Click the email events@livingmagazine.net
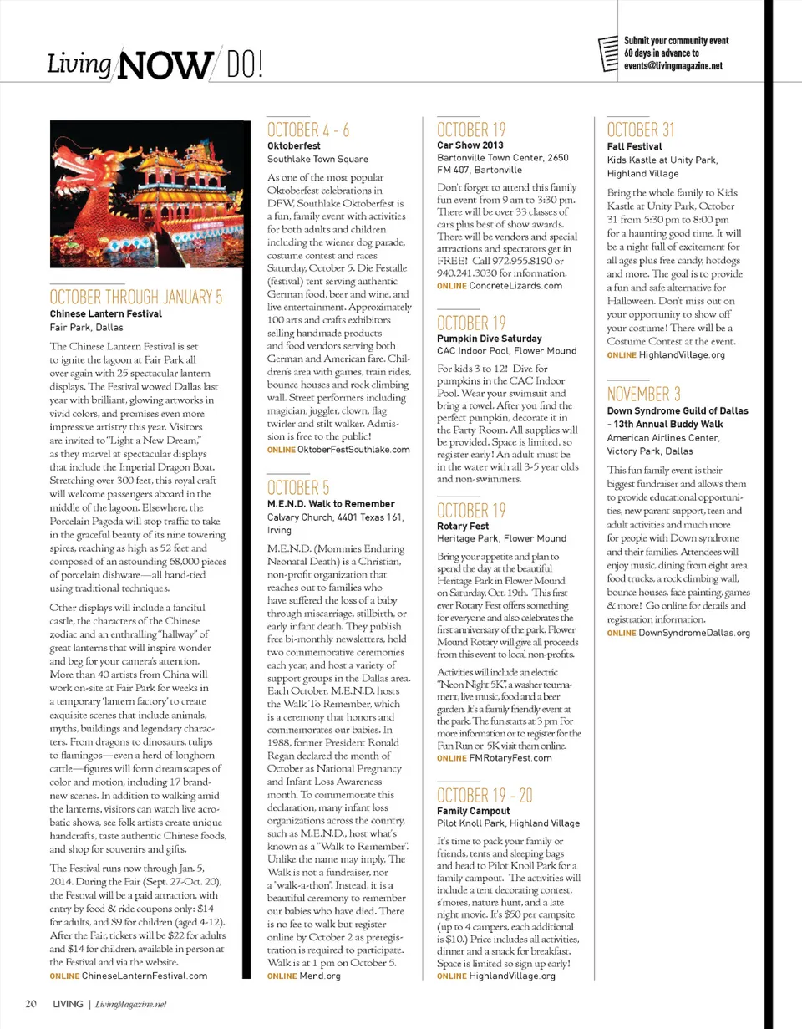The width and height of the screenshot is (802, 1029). tap(673, 66)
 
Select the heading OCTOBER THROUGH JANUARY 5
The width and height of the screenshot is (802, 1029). tap(136, 298)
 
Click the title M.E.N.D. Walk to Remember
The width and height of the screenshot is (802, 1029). tap(330, 504)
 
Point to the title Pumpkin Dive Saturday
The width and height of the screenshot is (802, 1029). tap(490, 338)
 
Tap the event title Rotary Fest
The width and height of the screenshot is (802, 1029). tap(463, 527)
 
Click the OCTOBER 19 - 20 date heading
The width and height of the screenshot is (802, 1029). tap(484, 795)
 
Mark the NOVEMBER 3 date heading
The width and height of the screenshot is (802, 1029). tap(643, 394)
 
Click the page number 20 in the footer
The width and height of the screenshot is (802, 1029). tap(30, 1003)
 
